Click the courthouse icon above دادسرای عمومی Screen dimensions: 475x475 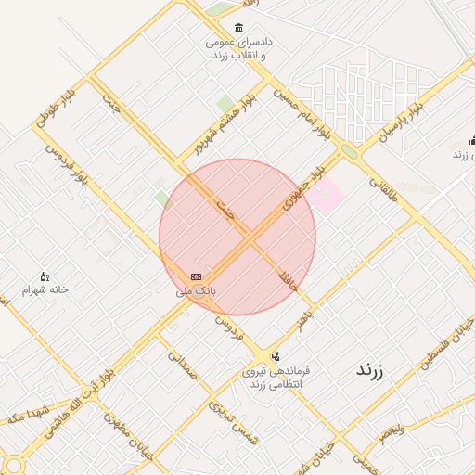[x=240, y=28]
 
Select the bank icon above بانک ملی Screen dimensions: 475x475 [x=196, y=276]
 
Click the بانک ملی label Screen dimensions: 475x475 [x=196, y=290]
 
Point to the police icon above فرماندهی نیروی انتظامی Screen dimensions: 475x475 [x=276, y=356]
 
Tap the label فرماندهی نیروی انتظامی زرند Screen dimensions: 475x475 [x=276, y=377]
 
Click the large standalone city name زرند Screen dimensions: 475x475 [x=370, y=370]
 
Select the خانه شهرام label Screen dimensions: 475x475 [x=46, y=289]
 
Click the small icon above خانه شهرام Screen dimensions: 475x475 [x=44, y=276]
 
